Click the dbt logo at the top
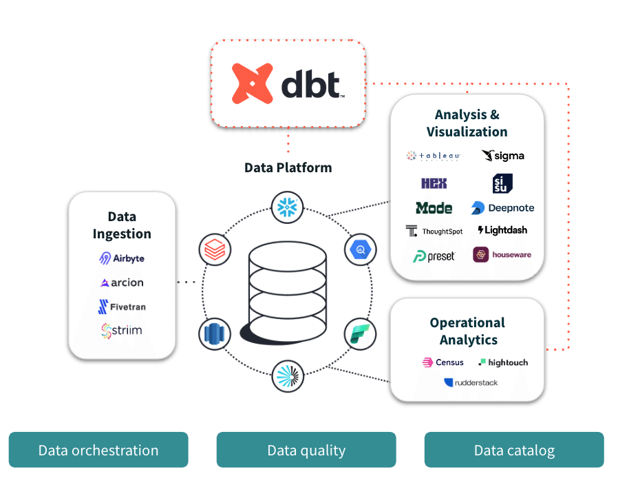point(288,83)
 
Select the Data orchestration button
point(98,451)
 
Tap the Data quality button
point(306,451)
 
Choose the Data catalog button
point(514,451)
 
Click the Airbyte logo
point(122,258)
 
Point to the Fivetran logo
point(122,307)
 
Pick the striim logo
point(122,330)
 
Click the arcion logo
point(122,282)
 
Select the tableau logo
point(433,156)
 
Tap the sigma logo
point(502,156)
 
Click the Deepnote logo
point(502,207)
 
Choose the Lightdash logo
point(502,230)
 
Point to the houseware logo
point(502,255)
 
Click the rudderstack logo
point(471,382)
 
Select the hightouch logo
point(503,362)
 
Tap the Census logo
point(443,362)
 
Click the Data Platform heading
point(288,167)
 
